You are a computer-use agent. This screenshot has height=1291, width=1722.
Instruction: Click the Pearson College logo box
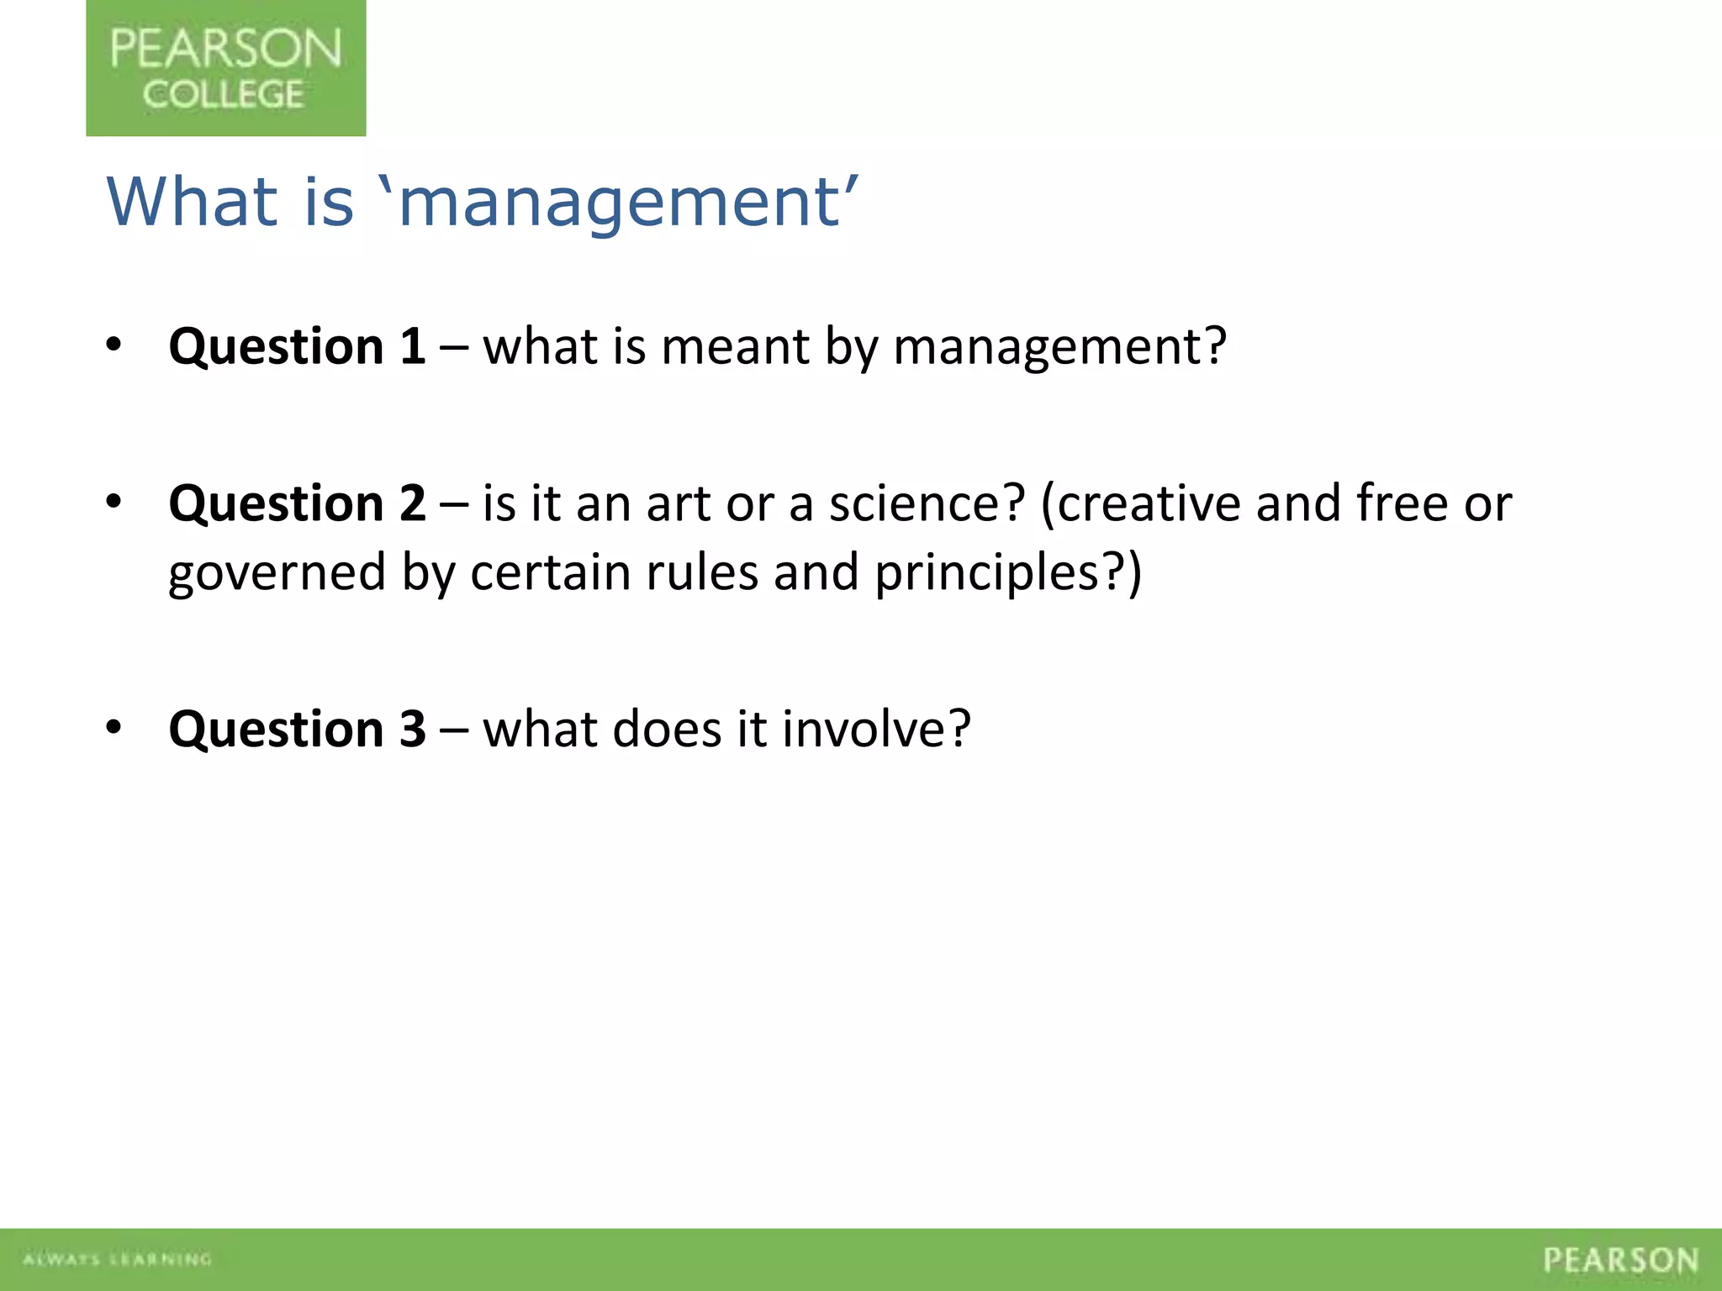(x=225, y=69)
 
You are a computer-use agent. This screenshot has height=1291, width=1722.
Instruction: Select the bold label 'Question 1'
(x=297, y=346)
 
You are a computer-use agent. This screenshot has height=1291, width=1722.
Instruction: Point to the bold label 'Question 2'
(x=297, y=503)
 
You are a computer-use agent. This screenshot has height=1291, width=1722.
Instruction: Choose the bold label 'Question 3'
(x=297, y=728)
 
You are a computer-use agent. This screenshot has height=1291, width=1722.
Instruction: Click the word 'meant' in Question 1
(x=735, y=346)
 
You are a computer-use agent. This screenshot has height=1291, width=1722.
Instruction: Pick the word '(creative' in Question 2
(x=1140, y=503)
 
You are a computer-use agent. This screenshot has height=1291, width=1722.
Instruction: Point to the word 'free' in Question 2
(x=1402, y=503)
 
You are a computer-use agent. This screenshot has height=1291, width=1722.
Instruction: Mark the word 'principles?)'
(x=1007, y=574)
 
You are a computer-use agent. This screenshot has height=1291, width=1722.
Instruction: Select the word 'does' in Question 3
(x=667, y=728)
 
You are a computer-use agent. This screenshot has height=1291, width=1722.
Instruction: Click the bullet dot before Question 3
(x=114, y=726)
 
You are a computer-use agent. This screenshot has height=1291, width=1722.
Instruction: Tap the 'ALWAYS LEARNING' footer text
(x=117, y=1259)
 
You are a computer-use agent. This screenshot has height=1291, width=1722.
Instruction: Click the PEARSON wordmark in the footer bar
(x=1620, y=1260)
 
